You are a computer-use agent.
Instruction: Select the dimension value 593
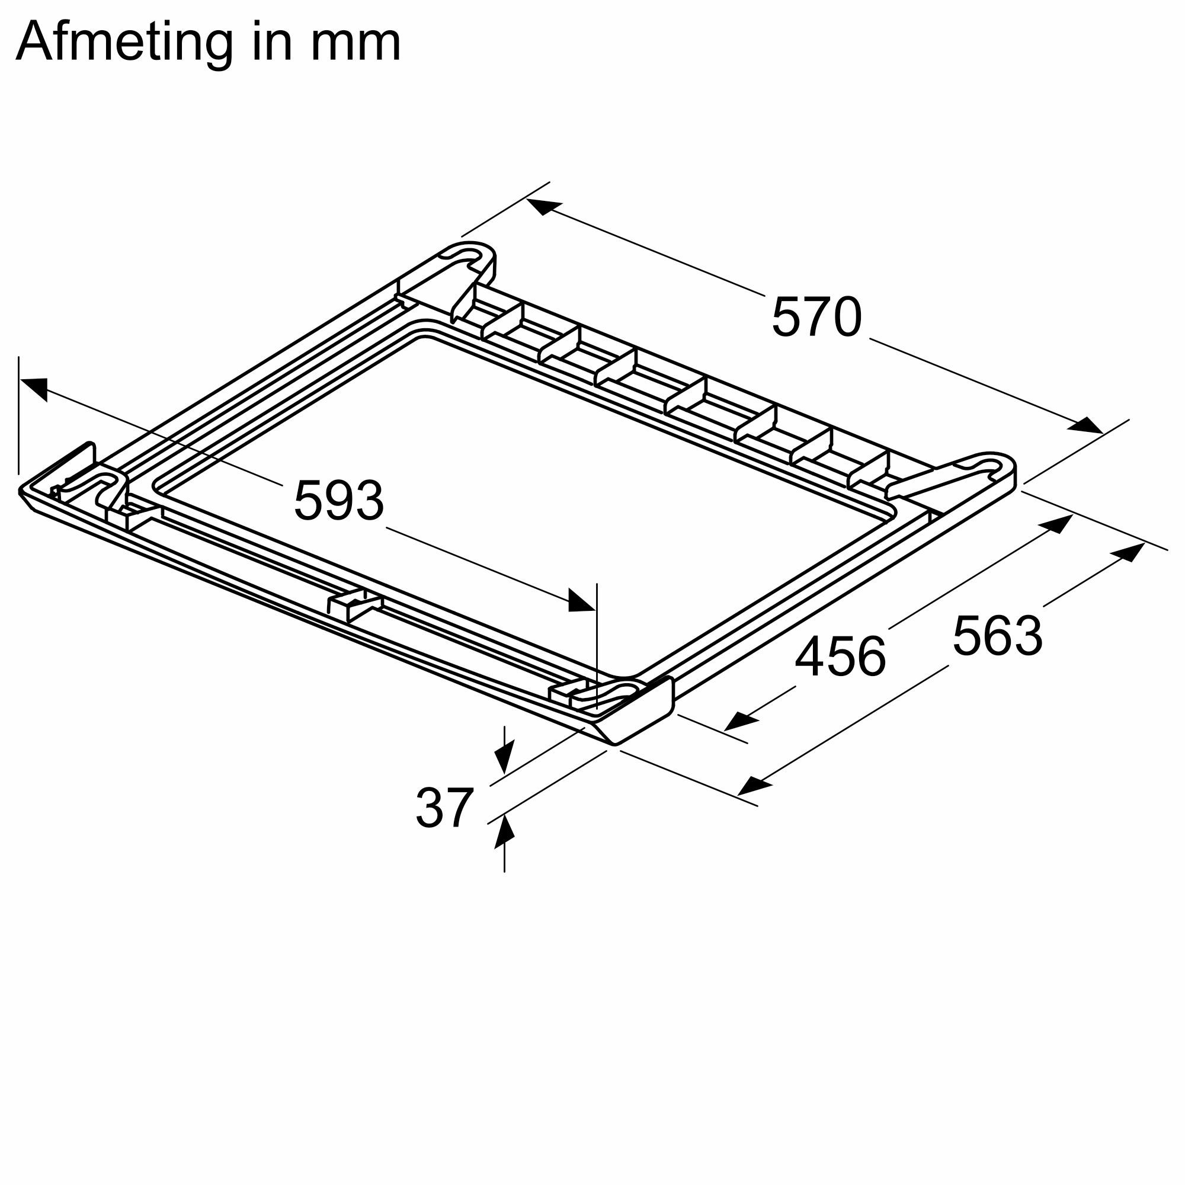(x=338, y=501)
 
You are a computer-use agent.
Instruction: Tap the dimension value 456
(x=840, y=658)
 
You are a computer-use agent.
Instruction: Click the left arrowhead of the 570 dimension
(x=543, y=207)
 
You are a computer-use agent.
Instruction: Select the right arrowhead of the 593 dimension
(x=580, y=601)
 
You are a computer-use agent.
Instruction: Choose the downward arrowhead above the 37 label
(x=504, y=761)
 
